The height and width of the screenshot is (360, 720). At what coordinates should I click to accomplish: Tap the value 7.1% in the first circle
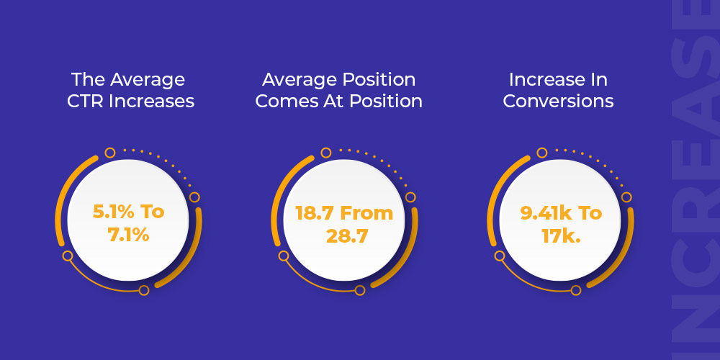tap(129, 235)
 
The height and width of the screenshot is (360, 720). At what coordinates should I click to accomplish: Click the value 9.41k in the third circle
tap(544, 213)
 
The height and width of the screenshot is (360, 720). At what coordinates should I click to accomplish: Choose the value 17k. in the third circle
tap(561, 235)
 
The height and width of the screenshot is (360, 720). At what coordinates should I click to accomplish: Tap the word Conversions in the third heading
tap(558, 102)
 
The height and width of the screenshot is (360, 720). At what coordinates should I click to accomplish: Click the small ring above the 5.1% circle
tap(109, 153)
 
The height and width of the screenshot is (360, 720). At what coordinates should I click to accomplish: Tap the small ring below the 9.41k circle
tap(576, 290)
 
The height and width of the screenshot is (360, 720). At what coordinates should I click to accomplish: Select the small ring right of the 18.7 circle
tap(410, 197)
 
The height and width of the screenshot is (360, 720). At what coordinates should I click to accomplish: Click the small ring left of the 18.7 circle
tap(283, 256)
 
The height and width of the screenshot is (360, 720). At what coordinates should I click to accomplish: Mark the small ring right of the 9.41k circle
tap(626, 197)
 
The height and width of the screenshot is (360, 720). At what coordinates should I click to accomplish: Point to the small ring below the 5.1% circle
tap(144, 290)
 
